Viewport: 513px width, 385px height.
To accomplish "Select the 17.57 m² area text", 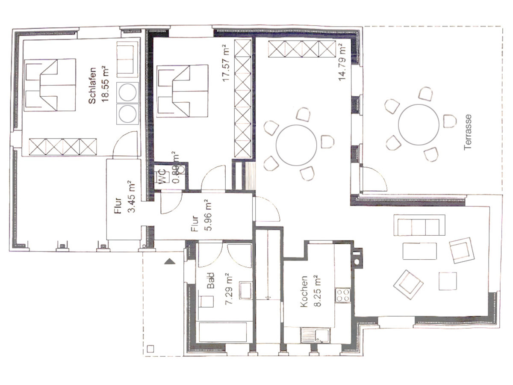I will tap(226, 63).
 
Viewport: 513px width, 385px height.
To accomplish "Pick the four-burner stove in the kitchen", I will tap(342, 295).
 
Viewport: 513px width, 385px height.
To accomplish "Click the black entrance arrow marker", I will tap(170, 261).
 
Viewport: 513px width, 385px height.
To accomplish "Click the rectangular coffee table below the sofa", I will tap(419, 251).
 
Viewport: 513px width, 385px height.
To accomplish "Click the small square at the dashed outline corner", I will tap(150, 348).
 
